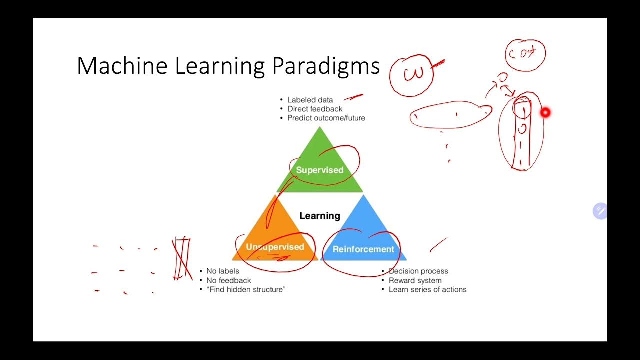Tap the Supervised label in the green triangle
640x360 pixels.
coord(320,170)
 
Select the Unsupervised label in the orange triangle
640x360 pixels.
coord(275,247)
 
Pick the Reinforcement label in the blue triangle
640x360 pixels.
coord(363,249)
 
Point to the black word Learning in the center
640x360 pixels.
coord(320,216)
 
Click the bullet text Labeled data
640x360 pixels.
coord(310,100)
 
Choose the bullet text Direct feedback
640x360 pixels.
coord(315,109)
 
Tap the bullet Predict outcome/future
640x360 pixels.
coord(326,118)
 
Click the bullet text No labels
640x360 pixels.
coord(222,271)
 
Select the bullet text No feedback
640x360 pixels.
coord(228,280)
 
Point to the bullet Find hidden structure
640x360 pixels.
coord(246,289)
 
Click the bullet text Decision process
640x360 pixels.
coord(418,271)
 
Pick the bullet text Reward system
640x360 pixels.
coord(415,280)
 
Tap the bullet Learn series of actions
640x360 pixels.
coord(427,289)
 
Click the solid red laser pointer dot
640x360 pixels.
coord(545,113)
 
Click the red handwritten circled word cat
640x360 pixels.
coord(525,54)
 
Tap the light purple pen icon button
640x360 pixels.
coord(600,211)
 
